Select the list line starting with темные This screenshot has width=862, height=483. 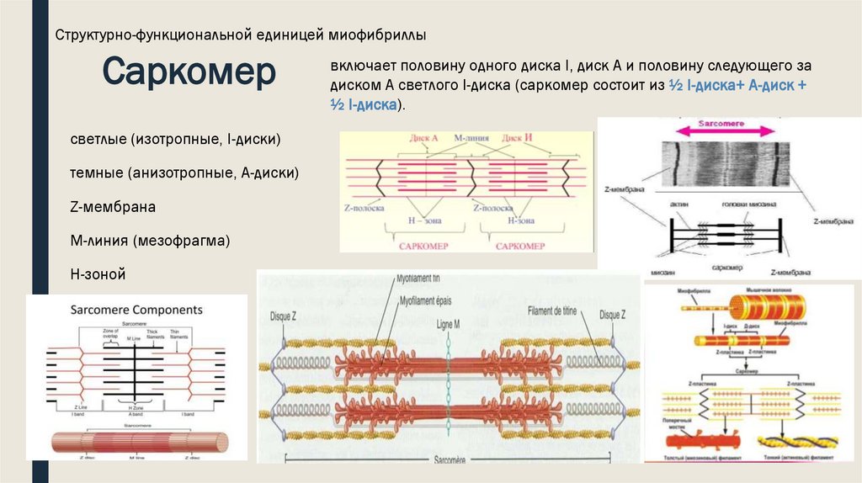coord(184,172)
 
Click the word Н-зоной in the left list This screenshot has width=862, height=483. coord(98,274)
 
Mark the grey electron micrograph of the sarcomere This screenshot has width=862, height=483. coord(725,165)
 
